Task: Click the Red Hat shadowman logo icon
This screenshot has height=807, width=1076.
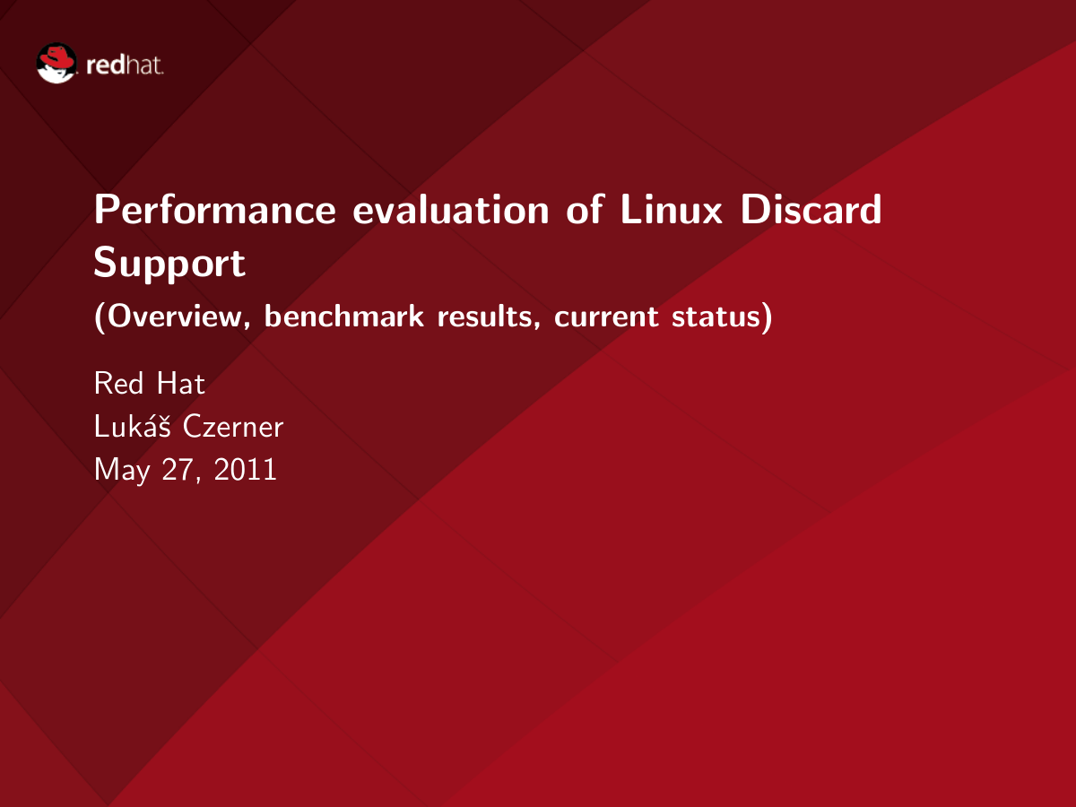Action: point(56,63)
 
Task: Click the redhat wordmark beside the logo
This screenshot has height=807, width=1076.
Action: point(125,65)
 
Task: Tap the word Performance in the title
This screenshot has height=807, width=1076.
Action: point(214,209)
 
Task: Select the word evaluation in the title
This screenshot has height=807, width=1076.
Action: point(451,209)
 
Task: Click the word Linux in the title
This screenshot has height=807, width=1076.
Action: point(671,209)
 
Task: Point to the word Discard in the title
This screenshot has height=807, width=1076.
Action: point(811,209)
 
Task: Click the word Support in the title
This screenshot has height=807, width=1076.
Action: point(169,264)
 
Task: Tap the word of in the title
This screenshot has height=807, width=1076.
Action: point(585,209)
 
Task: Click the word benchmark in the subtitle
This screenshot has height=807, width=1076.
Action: point(344,316)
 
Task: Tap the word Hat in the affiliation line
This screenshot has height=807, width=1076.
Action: point(181,383)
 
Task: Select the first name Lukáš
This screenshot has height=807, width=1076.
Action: point(133,425)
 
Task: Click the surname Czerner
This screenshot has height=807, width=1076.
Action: point(233,426)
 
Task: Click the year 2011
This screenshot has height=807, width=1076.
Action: point(245,469)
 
